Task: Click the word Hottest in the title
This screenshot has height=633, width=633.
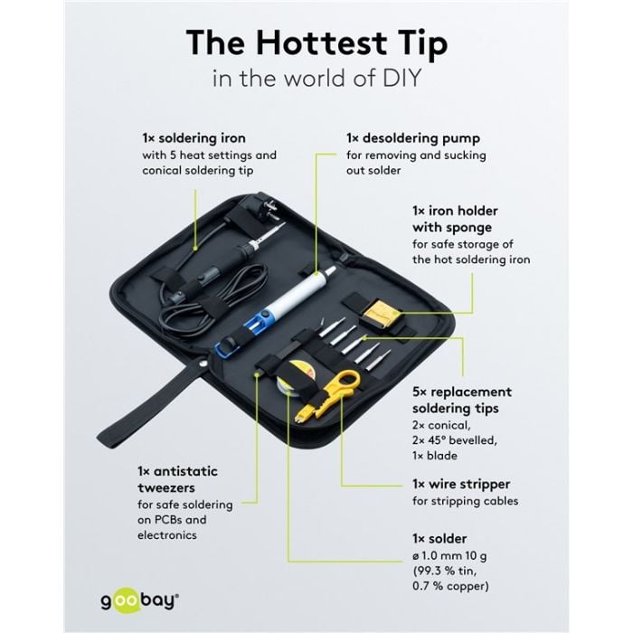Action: [x=320, y=43]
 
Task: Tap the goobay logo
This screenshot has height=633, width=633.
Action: [x=139, y=600]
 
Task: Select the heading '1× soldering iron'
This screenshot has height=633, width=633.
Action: [x=194, y=138]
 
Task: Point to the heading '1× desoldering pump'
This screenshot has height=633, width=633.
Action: [x=413, y=138]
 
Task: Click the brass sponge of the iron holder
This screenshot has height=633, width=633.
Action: [x=376, y=312]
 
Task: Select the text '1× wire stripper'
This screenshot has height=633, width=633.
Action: [x=461, y=484]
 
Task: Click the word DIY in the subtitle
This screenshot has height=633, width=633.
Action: [x=402, y=78]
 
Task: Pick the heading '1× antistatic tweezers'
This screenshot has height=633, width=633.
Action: [x=177, y=479]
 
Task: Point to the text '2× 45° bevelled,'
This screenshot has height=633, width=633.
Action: [x=455, y=440]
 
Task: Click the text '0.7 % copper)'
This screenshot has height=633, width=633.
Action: [x=450, y=586]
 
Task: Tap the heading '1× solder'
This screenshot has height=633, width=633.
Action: [x=439, y=538]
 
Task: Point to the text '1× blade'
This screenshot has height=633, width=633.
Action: [x=435, y=456]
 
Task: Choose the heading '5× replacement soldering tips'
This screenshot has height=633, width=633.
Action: [x=462, y=400]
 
